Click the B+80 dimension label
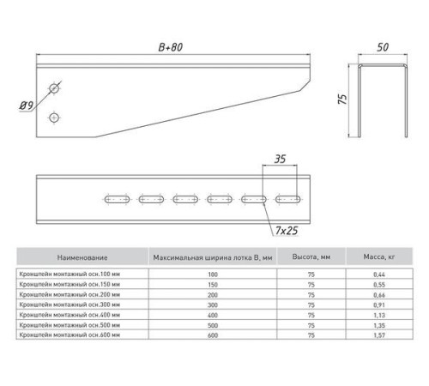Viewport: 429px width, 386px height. [171, 47]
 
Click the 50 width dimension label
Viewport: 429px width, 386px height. [383, 47]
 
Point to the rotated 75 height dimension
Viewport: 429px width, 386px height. [342, 99]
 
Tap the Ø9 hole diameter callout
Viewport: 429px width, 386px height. [27, 106]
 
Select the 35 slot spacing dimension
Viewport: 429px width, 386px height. [280, 159]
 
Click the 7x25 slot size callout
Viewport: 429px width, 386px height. [287, 231]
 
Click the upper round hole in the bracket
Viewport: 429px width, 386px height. [54, 88]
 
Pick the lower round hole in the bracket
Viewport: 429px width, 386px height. [54, 118]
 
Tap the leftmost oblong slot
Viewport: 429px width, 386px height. [117, 199]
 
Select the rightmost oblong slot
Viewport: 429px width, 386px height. [288, 199]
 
